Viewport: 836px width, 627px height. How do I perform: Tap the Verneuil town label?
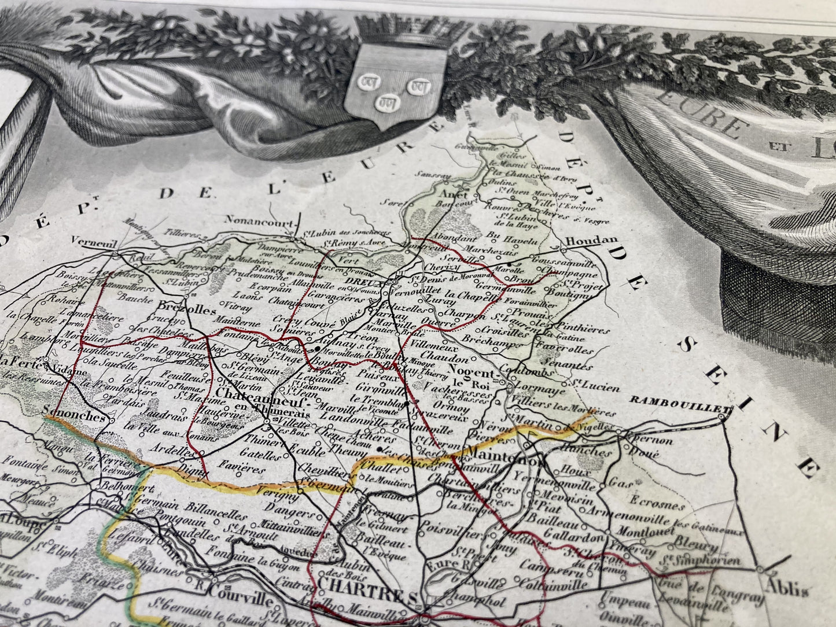90,241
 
